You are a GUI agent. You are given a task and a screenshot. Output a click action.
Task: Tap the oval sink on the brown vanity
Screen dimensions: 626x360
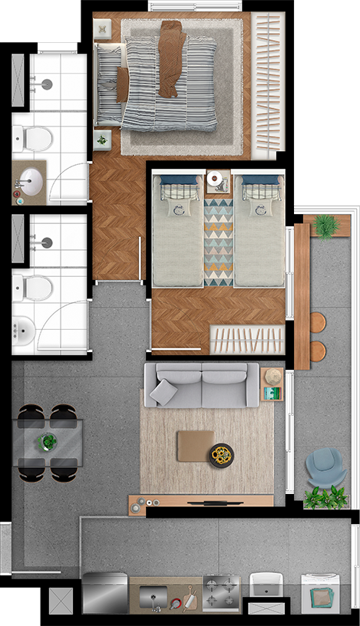(28, 182)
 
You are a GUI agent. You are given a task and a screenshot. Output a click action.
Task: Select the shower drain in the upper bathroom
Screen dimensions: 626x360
(46, 85)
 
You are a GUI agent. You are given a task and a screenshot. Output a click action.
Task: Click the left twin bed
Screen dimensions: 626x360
(177, 230)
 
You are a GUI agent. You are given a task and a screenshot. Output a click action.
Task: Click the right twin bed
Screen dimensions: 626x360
(259, 230)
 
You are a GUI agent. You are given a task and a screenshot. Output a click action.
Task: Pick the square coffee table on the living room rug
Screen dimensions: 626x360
(195, 446)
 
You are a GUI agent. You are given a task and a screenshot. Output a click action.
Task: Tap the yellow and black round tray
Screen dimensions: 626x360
(223, 455)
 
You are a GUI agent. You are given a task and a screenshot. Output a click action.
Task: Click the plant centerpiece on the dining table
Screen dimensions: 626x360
(49, 443)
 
